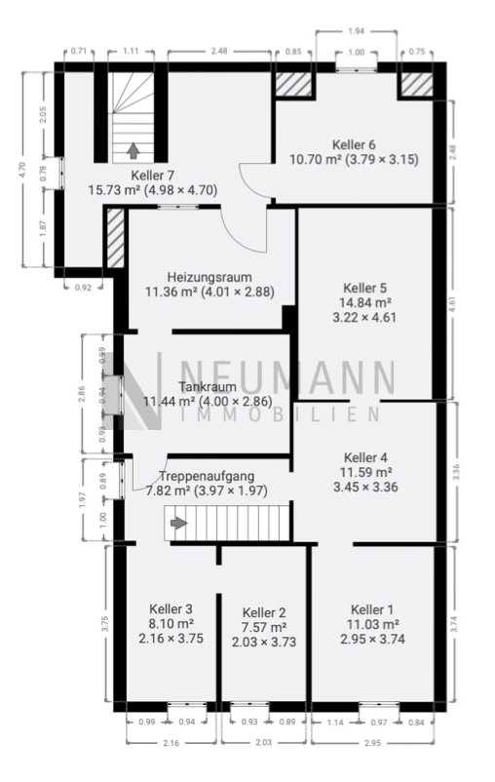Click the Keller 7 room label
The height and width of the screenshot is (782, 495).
click(x=152, y=175)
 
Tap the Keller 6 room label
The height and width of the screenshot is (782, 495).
click(x=354, y=142)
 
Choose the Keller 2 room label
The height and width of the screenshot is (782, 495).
click(x=264, y=611)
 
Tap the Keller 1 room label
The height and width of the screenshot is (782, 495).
click(x=373, y=608)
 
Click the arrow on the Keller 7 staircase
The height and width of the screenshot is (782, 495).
click(x=131, y=149)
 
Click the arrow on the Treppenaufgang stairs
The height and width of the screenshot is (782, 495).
click(x=178, y=524)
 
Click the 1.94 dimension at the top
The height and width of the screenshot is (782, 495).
click(x=356, y=31)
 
